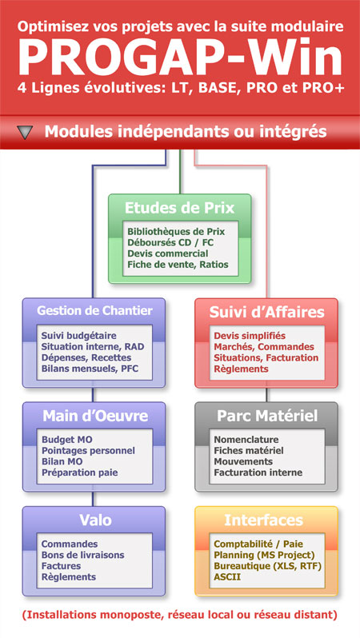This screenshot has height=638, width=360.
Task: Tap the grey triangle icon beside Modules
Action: [26, 132]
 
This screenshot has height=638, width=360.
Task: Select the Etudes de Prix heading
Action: [179, 208]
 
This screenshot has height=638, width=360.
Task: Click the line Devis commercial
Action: [168, 253]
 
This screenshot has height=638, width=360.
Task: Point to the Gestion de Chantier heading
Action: [94, 311]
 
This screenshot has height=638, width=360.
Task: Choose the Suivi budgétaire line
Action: [79, 336]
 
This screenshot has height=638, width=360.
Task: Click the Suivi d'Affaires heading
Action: [266, 312]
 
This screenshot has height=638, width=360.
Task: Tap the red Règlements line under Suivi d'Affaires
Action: [241, 369]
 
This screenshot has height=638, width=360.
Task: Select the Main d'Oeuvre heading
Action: [95, 416]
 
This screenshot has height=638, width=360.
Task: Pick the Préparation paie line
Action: [80, 473]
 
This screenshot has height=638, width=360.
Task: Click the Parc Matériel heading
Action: [266, 416]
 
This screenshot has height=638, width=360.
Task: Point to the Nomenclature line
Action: [246, 440]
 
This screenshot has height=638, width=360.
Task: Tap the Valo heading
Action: [95, 520]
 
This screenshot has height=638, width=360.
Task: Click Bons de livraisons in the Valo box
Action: [82, 555]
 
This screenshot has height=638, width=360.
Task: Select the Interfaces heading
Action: [264, 520]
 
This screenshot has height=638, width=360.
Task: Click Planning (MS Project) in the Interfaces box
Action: [264, 555]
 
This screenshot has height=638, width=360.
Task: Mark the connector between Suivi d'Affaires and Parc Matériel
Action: [266, 395]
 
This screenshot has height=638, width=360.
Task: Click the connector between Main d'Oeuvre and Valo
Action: [93, 499]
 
